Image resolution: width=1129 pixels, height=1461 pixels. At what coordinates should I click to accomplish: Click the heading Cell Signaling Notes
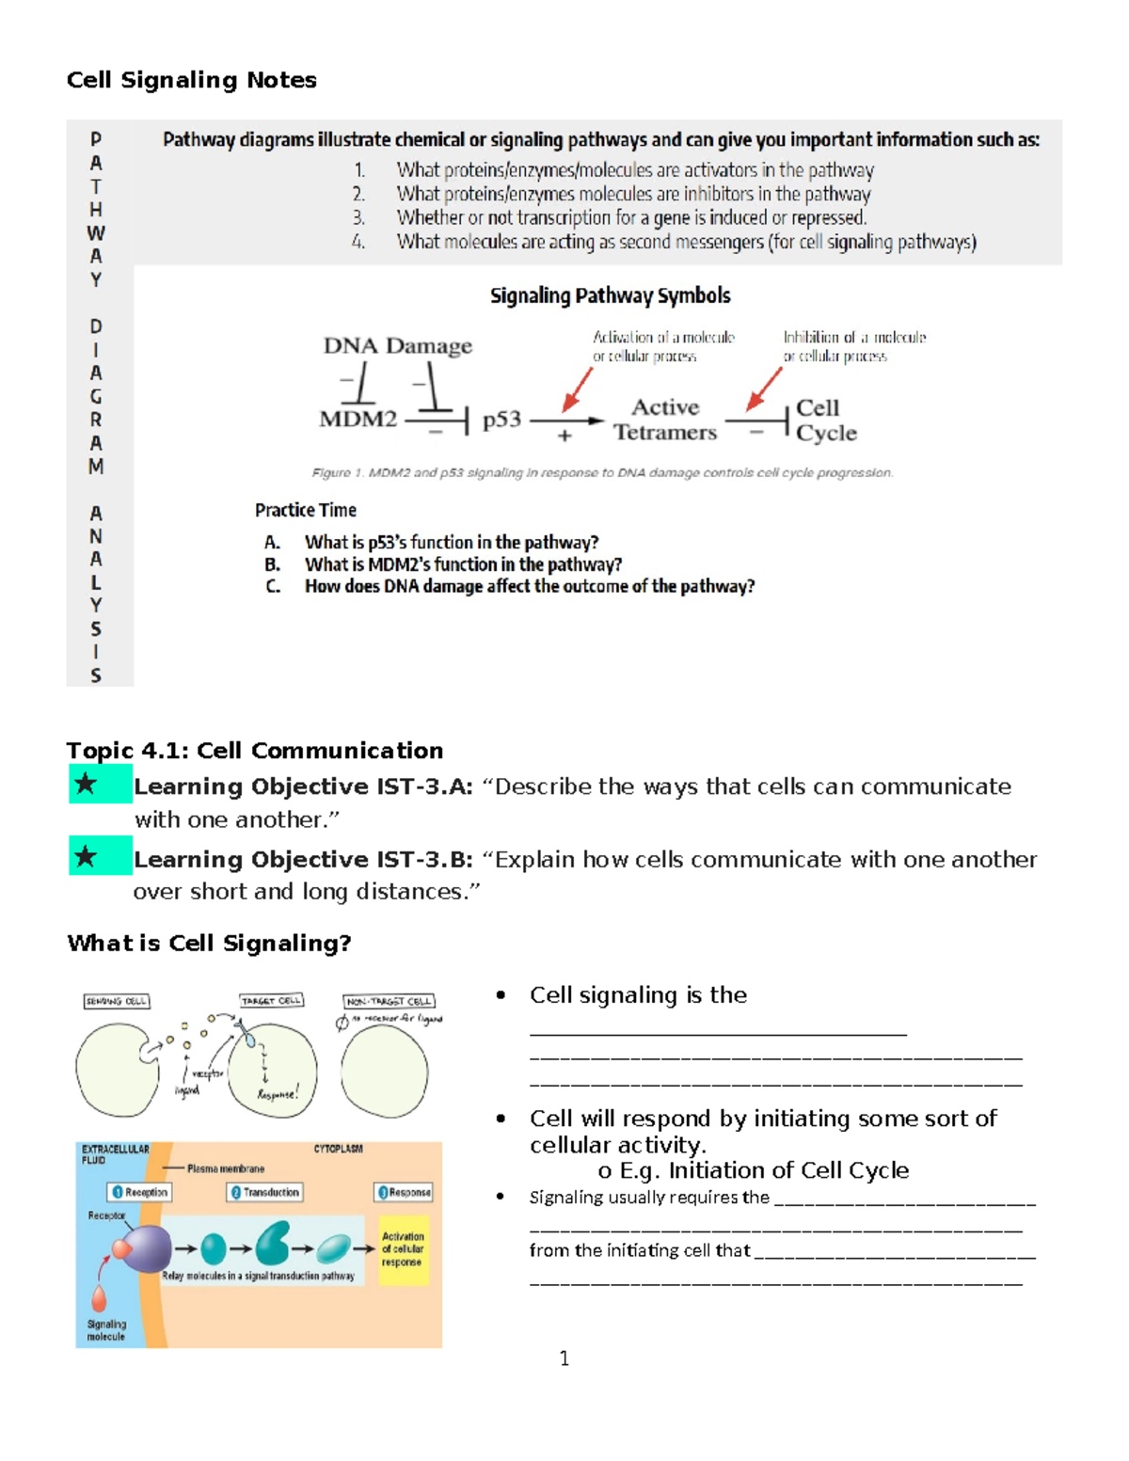(191, 80)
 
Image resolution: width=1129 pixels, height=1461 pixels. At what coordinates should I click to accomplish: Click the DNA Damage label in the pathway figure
(397, 345)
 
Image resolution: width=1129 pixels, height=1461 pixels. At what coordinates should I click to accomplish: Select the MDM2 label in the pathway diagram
(358, 419)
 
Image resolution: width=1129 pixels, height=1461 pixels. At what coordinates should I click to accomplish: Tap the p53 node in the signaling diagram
(501, 420)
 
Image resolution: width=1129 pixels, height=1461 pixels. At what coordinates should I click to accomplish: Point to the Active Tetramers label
(665, 420)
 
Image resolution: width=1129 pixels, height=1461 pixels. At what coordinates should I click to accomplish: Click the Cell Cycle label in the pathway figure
(825, 420)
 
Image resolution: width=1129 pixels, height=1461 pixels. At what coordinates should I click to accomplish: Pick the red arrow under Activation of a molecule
(577, 389)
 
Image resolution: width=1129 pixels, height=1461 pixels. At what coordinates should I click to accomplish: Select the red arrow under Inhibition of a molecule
(763, 389)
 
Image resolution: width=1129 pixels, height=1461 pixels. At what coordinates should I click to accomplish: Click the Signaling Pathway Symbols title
(610, 295)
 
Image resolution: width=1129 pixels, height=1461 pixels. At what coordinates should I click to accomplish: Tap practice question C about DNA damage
(529, 586)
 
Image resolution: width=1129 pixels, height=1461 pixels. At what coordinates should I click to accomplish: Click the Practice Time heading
(305, 510)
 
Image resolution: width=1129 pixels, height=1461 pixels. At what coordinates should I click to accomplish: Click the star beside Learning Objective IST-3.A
(86, 783)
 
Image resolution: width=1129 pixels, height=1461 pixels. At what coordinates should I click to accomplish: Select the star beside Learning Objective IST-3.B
(86, 856)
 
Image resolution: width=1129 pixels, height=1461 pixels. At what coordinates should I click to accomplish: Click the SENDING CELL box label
(117, 1001)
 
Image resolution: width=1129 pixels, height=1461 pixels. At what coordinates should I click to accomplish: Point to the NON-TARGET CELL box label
(389, 1001)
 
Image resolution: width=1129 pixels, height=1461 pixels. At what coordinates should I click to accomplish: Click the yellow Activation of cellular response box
(403, 1249)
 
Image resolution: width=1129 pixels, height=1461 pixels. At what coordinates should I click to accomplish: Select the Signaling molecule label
(105, 1329)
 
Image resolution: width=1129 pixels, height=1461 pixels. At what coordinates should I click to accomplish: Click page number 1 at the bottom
(564, 1358)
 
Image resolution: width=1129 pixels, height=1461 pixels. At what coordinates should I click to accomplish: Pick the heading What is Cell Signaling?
(209, 943)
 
